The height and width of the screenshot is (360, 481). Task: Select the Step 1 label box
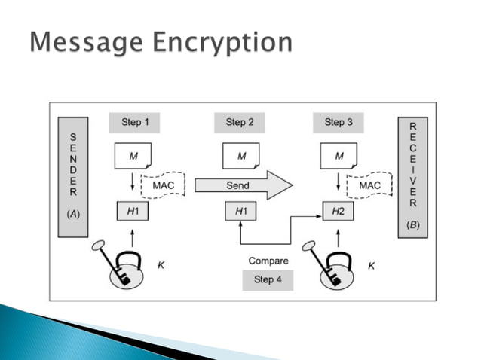(x=135, y=122)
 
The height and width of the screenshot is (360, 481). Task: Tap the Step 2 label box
(x=240, y=122)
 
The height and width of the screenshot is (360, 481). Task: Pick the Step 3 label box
(x=339, y=122)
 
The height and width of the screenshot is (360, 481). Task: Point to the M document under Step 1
(x=133, y=157)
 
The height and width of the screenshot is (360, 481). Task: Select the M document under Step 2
(x=241, y=157)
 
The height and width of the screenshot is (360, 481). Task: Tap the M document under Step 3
(x=339, y=157)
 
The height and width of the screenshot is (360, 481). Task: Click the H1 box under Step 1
(x=133, y=212)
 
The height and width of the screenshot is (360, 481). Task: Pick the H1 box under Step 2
(x=241, y=212)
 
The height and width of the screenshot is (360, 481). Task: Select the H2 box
(x=339, y=212)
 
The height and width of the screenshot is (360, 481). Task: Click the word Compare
(x=268, y=261)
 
